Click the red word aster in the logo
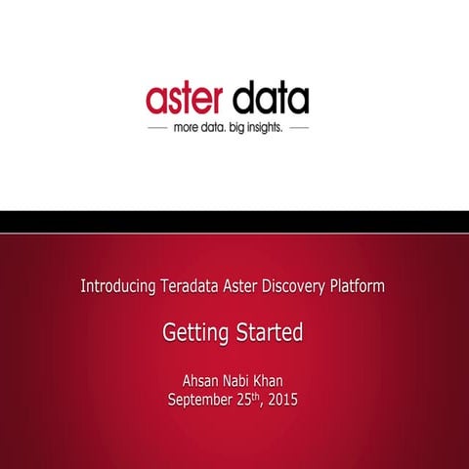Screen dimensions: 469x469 [186, 99]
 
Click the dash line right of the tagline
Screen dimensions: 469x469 [299, 128]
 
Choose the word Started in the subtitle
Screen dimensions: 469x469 [270, 333]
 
